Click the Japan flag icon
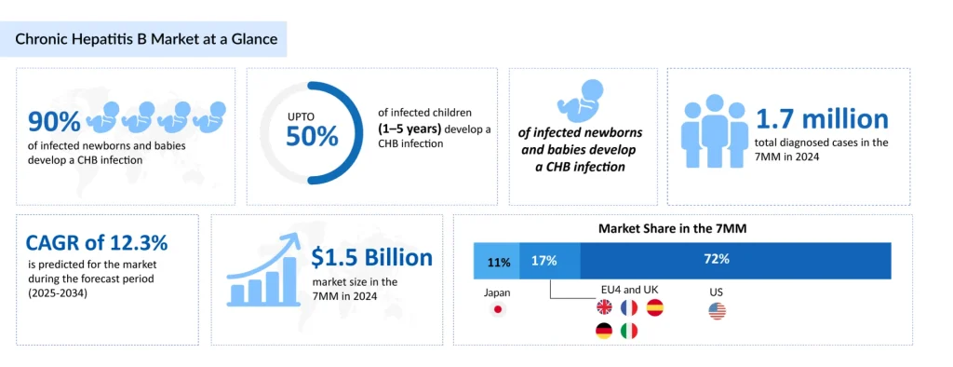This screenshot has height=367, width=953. tap(498, 310)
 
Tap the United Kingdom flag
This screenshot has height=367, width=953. tap(604, 307)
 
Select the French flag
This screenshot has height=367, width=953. tap(629, 307)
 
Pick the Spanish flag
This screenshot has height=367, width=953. tap(654, 307)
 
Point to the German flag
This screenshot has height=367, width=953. tap(604, 331)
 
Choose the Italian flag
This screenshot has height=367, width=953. tap(629, 331)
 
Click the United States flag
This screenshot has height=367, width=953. tap(717, 311)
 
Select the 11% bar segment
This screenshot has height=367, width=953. tap(497, 262)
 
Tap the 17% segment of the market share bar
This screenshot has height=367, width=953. tap(550, 261)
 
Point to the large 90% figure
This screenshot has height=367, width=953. tap(54, 122)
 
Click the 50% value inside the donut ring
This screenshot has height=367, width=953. tap(312, 137)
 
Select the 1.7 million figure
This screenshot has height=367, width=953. tap(822, 119)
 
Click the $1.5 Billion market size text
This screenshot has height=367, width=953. tap(372, 258)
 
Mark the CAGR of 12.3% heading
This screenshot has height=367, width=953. tap(97, 243)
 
